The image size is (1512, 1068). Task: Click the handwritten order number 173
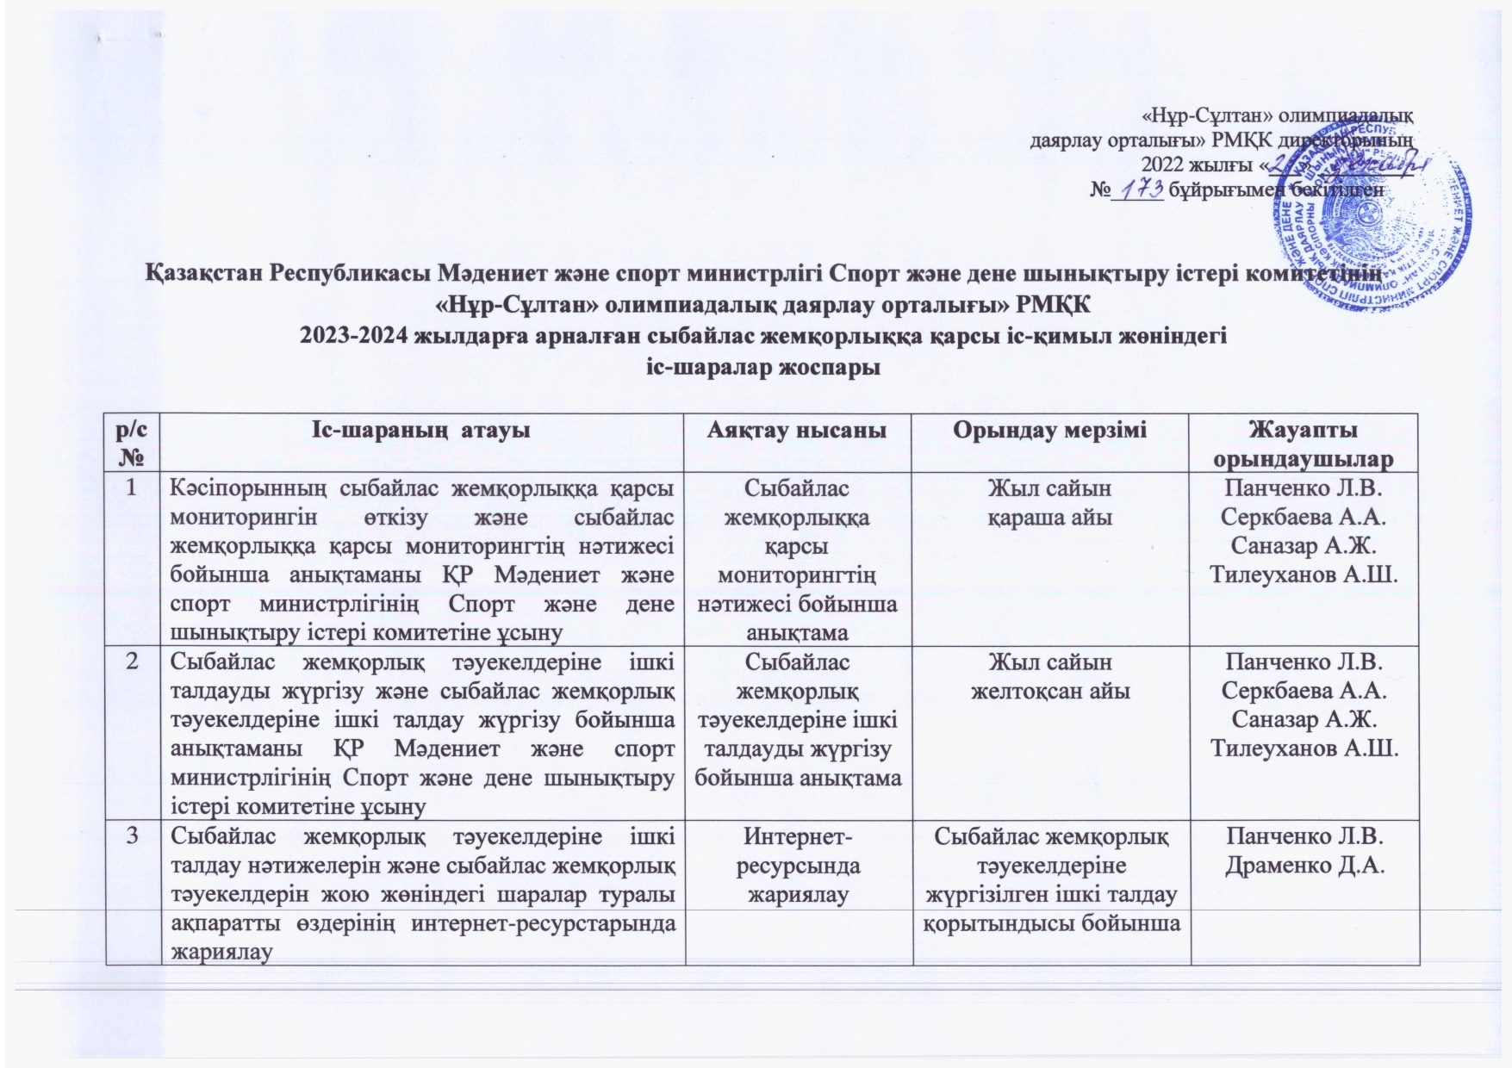click(1138, 188)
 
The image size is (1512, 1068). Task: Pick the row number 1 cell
click(132, 487)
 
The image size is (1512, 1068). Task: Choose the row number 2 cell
click(132, 661)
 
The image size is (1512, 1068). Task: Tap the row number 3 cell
click(132, 835)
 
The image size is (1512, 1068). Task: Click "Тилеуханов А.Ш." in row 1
click(1304, 574)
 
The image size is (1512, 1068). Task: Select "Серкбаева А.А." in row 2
click(1304, 691)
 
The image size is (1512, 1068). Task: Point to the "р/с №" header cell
click(132, 442)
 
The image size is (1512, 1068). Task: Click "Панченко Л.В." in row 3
click(1304, 835)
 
